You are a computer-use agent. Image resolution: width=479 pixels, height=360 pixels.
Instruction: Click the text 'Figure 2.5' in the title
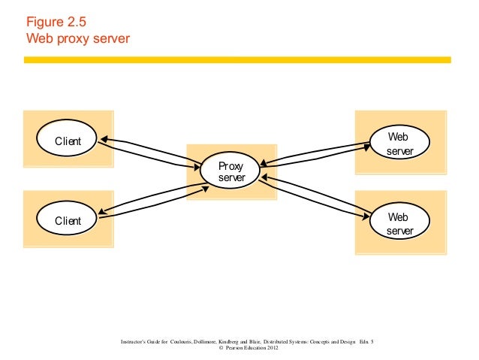53,22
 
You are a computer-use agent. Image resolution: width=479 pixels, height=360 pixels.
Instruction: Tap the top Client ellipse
68,141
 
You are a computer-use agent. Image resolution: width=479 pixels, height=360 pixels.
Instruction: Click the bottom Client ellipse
68,220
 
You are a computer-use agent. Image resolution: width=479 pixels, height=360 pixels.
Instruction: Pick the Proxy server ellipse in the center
230,171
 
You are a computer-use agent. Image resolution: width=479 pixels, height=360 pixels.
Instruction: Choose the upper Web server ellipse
399,144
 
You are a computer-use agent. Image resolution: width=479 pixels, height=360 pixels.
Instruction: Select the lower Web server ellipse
399,223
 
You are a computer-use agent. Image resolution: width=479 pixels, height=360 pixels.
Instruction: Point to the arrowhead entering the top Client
104,138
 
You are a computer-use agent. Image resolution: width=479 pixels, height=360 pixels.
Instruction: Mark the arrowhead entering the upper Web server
366,147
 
